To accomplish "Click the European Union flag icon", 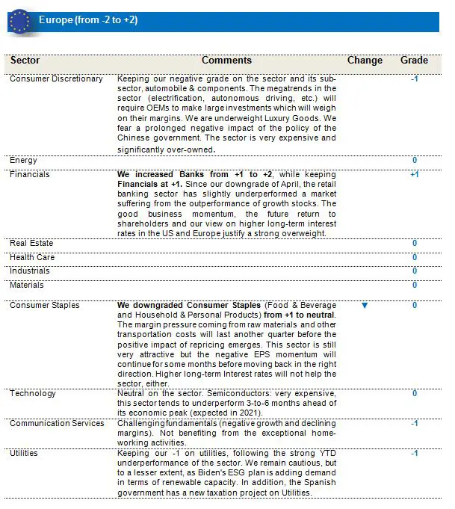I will (x=19, y=21).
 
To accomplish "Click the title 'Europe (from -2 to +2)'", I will (x=87, y=20).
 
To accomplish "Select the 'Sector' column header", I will (x=26, y=61).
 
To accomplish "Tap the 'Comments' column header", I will (x=226, y=61).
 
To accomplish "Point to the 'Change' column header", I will (x=365, y=61).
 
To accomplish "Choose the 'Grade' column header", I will (x=414, y=61).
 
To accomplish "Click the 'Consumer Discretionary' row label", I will (x=56, y=79).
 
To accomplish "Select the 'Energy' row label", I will (x=23, y=160).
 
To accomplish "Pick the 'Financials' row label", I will (x=30, y=174).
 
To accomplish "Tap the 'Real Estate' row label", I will (x=31, y=243).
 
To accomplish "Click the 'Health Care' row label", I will (x=32, y=257).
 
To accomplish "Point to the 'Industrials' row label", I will (x=30, y=271).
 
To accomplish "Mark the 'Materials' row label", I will (x=27, y=285).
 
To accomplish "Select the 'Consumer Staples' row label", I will (x=45, y=305).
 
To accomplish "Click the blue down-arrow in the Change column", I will (x=365, y=305).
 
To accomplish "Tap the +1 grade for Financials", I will (x=415, y=174).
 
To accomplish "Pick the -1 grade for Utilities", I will (x=415, y=453).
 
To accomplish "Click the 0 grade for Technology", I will (x=415, y=393).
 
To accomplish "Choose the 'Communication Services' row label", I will (x=57, y=423).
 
